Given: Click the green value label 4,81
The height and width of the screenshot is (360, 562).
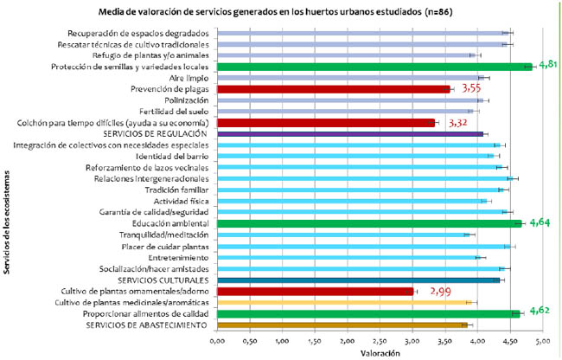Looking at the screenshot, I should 549,65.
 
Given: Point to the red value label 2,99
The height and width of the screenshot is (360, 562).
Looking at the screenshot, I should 441,291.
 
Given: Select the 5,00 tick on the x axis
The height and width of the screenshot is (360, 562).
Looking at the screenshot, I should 543,342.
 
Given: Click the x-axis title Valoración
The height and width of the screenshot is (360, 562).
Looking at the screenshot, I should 380,353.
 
